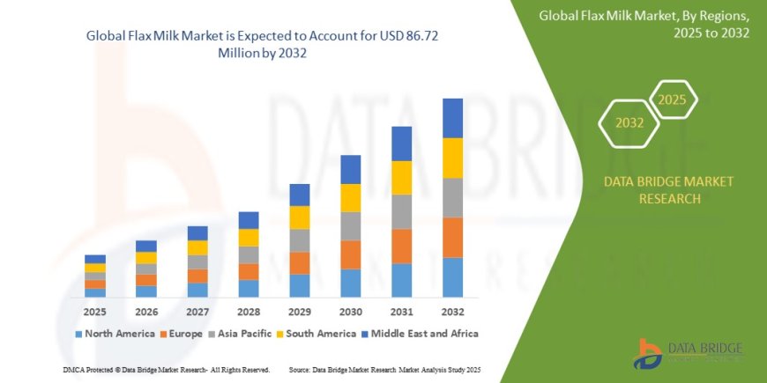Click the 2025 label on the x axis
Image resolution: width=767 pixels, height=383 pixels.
tap(95, 312)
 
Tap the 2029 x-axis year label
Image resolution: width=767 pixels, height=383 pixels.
tap(300, 312)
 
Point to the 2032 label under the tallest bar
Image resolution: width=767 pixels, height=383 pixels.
tap(452, 312)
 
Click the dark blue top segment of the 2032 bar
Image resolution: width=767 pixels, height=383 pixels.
tap(452, 118)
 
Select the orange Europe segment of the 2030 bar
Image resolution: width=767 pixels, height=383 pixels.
tap(351, 254)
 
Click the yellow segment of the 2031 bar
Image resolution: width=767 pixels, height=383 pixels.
tap(402, 178)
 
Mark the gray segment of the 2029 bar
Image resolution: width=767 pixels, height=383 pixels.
tap(300, 240)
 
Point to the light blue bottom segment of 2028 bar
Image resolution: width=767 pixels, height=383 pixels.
tap(249, 288)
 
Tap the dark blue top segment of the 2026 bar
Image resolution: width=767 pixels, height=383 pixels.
tap(146, 246)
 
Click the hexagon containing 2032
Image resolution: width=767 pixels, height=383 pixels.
tap(629, 123)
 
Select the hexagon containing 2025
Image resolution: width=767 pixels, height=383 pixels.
tap(671, 99)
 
